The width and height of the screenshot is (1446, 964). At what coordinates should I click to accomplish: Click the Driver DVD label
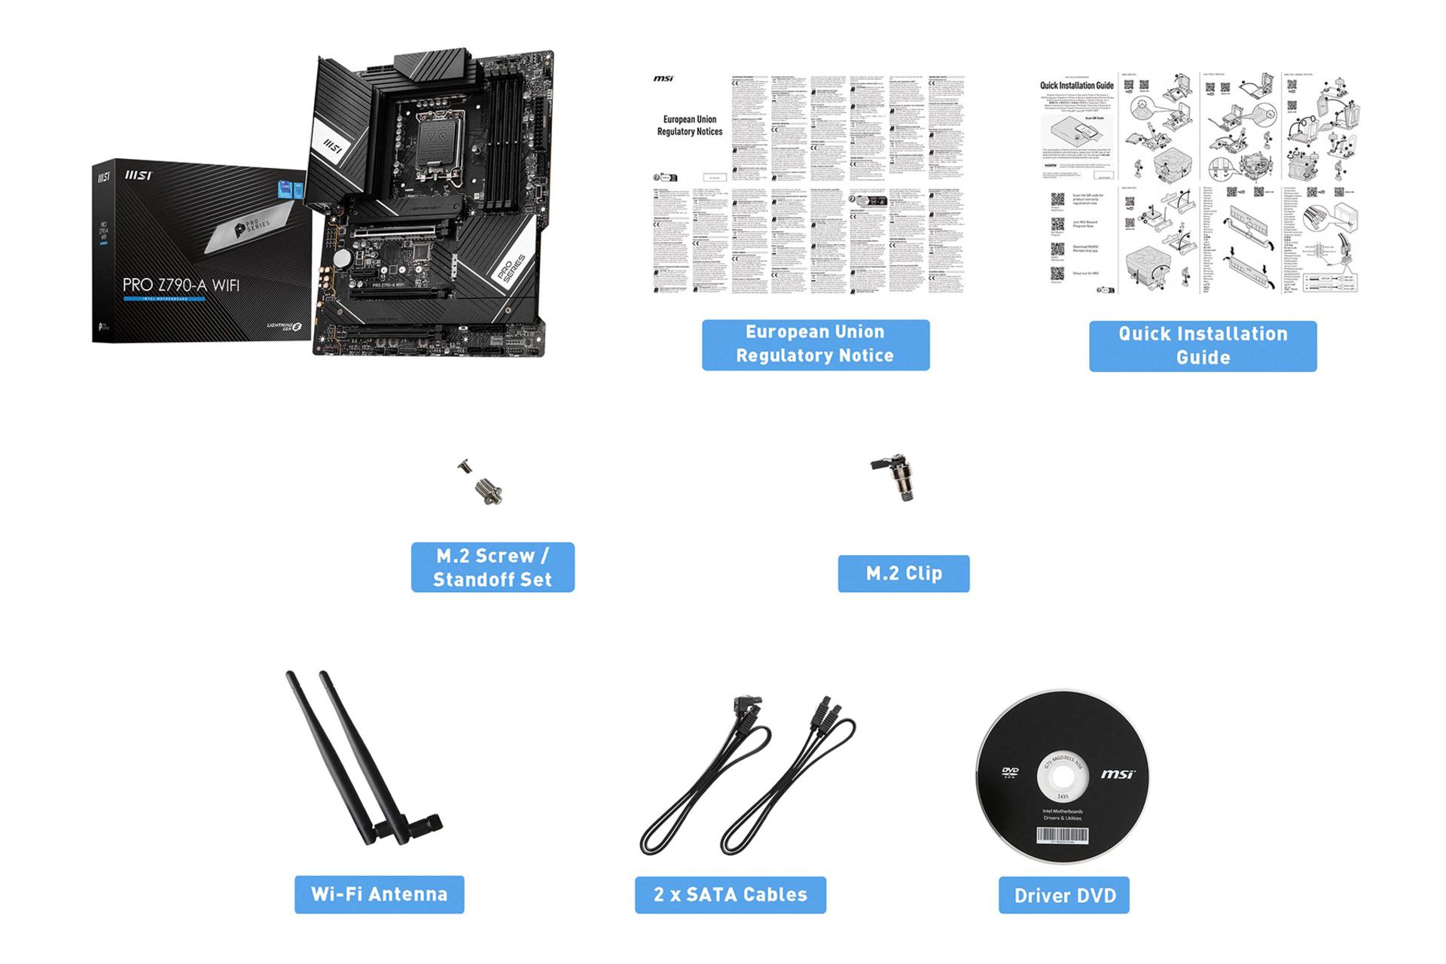click(x=1063, y=895)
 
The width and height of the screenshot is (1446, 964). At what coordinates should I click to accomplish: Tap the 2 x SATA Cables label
click(x=730, y=894)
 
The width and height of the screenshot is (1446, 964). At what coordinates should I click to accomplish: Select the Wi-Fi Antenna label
click(x=379, y=894)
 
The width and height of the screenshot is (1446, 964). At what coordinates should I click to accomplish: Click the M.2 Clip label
click(x=903, y=573)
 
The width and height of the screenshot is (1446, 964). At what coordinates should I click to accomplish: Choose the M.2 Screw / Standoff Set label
click(x=493, y=567)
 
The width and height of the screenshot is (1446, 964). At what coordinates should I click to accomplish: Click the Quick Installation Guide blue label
click(x=1202, y=346)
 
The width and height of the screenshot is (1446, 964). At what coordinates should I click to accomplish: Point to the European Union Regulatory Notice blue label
click(x=815, y=344)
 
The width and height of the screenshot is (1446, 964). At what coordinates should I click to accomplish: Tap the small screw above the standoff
click(x=464, y=467)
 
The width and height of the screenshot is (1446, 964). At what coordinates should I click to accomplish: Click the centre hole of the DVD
click(x=1063, y=778)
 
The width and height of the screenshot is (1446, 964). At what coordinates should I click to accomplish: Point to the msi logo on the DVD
click(x=1118, y=774)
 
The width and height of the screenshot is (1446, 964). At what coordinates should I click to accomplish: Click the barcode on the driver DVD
click(x=1062, y=834)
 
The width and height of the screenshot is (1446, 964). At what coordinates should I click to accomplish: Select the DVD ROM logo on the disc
click(x=1010, y=773)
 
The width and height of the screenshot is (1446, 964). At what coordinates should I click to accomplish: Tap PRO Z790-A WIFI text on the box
click(x=181, y=285)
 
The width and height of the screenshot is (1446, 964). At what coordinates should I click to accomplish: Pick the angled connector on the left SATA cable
click(x=746, y=708)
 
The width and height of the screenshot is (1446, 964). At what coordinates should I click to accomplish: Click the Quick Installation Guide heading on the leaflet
click(x=1076, y=86)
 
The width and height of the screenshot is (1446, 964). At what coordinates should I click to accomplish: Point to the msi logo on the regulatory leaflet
click(x=663, y=78)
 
